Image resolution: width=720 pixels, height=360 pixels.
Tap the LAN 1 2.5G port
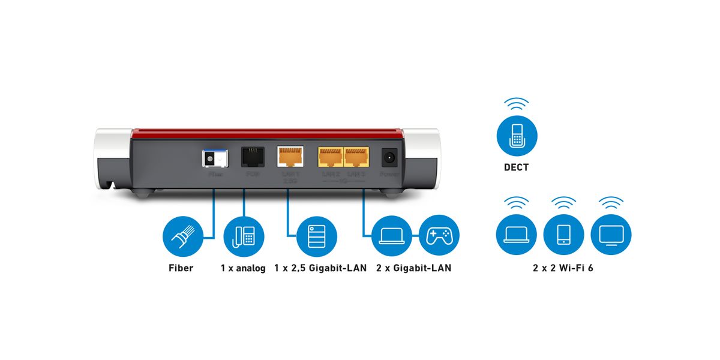[x=290, y=158]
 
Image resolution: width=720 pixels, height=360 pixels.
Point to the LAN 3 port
[x=356, y=158]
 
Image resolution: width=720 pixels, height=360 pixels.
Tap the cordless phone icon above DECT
[x=517, y=136]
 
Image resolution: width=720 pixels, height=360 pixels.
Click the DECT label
[x=517, y=167]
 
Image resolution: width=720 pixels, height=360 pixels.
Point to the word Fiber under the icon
[x=181, y=268]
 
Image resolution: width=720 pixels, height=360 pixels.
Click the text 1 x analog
[x=243, y=268]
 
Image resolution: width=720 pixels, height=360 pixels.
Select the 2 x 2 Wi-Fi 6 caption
[x=563, y=268]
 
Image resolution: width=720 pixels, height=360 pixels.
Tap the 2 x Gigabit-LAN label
[x=414, y=268]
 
